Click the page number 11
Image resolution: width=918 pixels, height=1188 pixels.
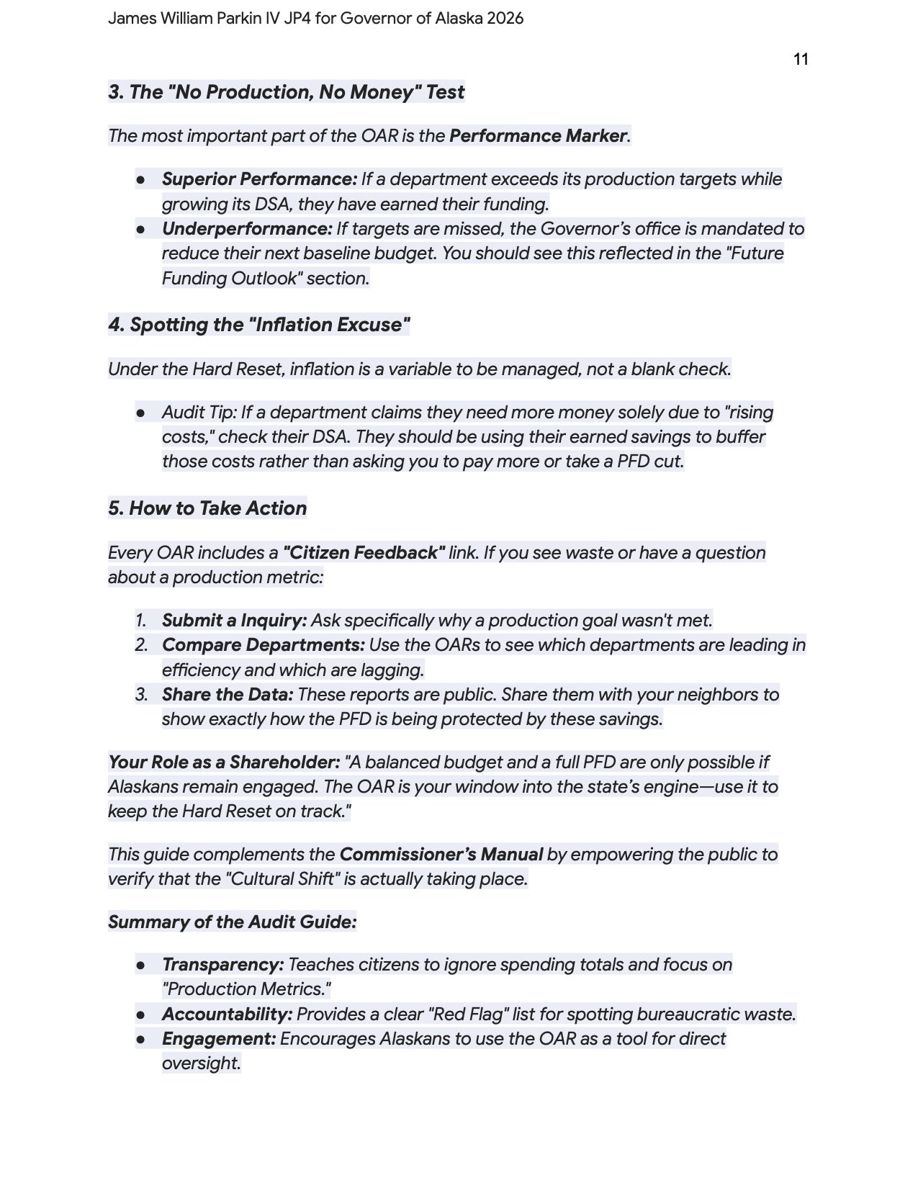(801, 60)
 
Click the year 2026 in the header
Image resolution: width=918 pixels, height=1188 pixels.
(505, 19)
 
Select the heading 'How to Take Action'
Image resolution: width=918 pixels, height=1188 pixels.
(217, 508)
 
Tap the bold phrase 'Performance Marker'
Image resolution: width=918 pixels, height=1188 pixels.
(538, 136)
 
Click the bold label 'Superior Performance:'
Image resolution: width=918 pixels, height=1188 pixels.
(259, 179)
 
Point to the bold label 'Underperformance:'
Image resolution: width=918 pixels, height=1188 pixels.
(247, 229)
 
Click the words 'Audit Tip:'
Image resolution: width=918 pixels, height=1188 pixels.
(199, 413)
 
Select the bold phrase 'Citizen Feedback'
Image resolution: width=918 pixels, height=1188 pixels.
(364, 553)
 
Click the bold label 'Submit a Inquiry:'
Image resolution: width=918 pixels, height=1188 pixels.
(234, 621)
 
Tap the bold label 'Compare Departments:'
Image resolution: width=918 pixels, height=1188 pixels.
(263, 645)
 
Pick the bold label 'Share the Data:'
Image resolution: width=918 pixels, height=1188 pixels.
(228, 695)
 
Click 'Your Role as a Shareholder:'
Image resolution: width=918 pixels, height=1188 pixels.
(224, 762)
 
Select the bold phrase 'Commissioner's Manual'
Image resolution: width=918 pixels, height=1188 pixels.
(441, 855)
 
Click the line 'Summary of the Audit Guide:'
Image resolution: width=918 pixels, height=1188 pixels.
(232, 922)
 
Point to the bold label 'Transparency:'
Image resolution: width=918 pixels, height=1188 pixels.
(222, 965)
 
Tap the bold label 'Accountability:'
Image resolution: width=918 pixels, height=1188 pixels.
(227, 1014)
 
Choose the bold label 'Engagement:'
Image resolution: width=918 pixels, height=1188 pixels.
(219, 1039)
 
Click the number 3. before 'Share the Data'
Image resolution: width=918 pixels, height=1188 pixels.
(141, 695)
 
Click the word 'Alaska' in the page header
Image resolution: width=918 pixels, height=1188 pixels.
(458, 19)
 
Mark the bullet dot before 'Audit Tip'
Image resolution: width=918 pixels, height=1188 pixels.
(141, 413)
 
